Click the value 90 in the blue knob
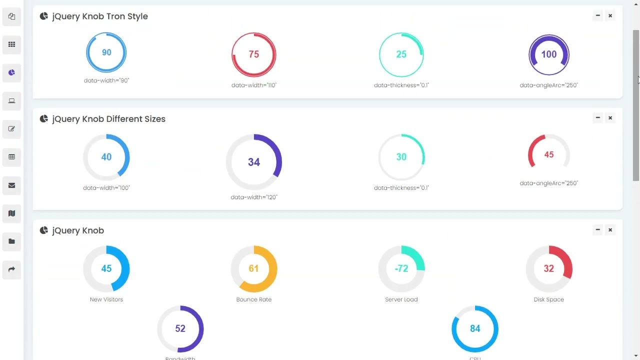tap(106, 52)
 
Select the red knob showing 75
tap(253, 54)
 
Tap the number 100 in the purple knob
tap(548, 54)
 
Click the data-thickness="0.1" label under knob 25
tap(401, 85)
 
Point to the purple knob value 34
tap(253, 162)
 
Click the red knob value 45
tap(548, 155)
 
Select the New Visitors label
tap(106, 299)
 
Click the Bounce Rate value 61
tap(253, 268)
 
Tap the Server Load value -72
tap(401, 268)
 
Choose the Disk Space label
tap(548, 299)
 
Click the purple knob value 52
tap(180, 328)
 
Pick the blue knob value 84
tap(474, 328)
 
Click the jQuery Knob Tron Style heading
tap(99, 16)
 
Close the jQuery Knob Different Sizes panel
tap(610, 118)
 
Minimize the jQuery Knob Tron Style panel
tap(597, 16)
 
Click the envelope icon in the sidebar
tap(11, 185)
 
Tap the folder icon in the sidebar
tap(11, 241)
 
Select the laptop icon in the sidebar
tap(11, 101)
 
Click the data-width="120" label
tap(253, 197)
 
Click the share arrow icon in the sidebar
tap(11, 269)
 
